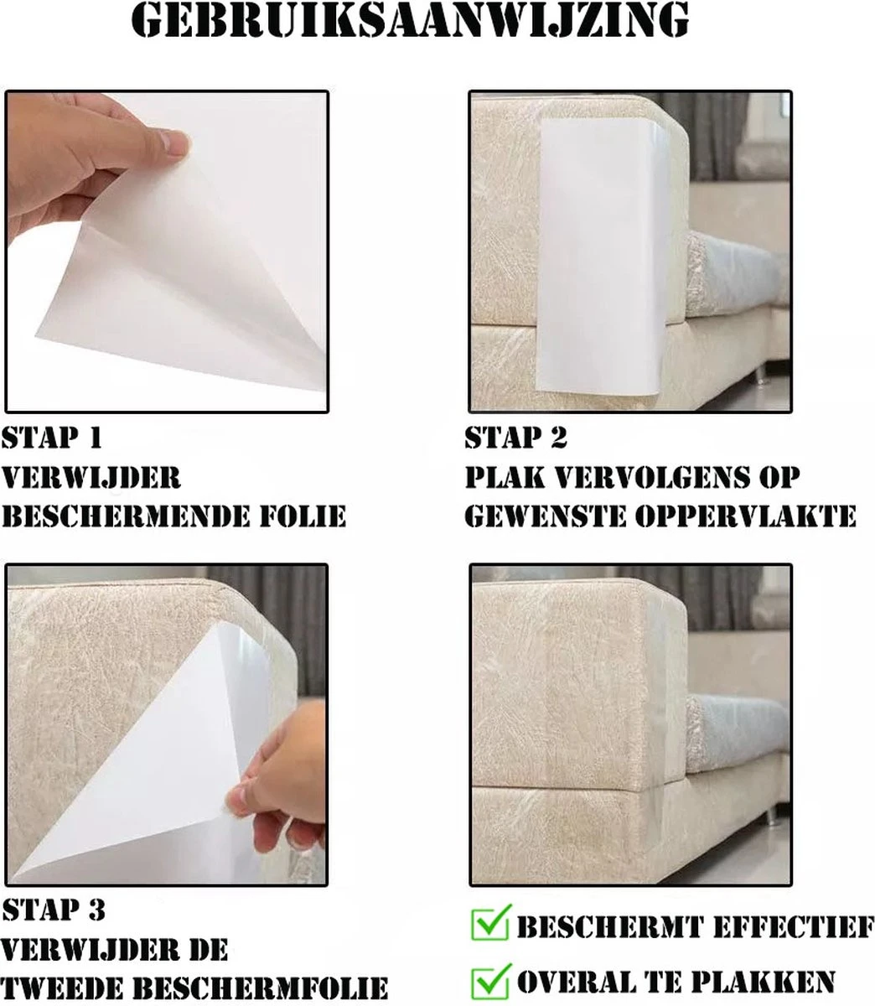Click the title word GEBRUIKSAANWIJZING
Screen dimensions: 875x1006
[x=410, y=20]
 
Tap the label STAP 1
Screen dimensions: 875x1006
[x=52, y=438]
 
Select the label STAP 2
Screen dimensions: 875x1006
[x=515, y=438]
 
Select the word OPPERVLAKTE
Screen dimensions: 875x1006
[x=746, y=516]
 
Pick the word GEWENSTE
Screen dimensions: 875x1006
[x=545, y=516]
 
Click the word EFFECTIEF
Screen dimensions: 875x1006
[x=794, y=927]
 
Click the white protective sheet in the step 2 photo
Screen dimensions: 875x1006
[x=599, y=256]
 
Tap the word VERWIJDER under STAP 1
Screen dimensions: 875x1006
[x=91, y=477]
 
